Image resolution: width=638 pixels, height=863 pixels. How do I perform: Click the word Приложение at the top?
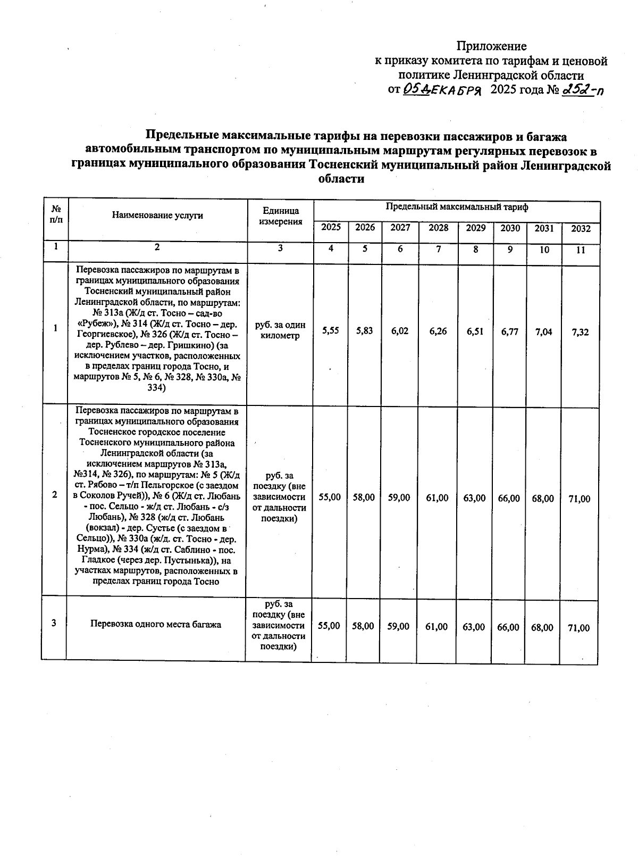click(492, 46)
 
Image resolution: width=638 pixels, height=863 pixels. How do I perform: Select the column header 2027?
click(400, 228)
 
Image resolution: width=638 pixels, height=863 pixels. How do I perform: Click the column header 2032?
click(581, 229)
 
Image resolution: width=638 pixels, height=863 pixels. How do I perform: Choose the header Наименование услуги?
click(157, 215)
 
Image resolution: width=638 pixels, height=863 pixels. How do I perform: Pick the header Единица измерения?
click(281, 216)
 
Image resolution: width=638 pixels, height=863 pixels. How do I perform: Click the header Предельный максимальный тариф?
click(457, 208)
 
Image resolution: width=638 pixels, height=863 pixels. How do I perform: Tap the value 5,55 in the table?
click(331, 331)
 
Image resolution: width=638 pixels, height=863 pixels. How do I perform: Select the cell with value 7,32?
click(581, 332)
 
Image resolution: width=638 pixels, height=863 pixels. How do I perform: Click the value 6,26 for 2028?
click(439, 331)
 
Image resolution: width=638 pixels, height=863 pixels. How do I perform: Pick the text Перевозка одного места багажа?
click(156, 624)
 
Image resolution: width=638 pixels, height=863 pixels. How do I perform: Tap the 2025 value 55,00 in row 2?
click(330, 498)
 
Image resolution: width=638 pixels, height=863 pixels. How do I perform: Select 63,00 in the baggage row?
click(474, 627)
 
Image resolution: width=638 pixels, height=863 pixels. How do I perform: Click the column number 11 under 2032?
click(581, 250)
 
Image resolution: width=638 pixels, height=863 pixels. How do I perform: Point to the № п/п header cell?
click(55, 215)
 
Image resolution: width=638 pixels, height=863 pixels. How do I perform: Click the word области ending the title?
click(341, 179)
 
